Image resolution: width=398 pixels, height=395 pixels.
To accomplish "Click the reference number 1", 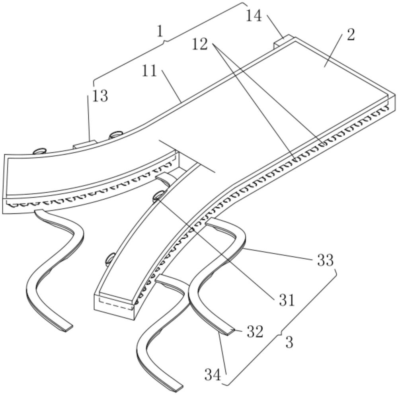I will coord(160,31).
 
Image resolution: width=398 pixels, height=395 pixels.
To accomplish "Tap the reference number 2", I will coord(350,35).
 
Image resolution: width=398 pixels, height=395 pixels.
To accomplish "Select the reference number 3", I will coord(289,342).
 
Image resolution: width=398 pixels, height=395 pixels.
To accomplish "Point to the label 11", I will coord(150,72).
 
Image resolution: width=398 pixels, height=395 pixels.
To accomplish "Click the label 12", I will coord(200,44).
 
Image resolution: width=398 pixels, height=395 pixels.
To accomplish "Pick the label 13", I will coord(100,96).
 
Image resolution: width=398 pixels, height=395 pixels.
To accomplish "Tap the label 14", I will coord(254,16).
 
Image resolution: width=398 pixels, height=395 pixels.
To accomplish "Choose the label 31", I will coord(287,300).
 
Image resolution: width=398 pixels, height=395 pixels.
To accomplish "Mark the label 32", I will coord(255,332).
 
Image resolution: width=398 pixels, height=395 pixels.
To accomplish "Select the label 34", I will coord(213,374).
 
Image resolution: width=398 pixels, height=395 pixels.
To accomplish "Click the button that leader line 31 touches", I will coord(158,195).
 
